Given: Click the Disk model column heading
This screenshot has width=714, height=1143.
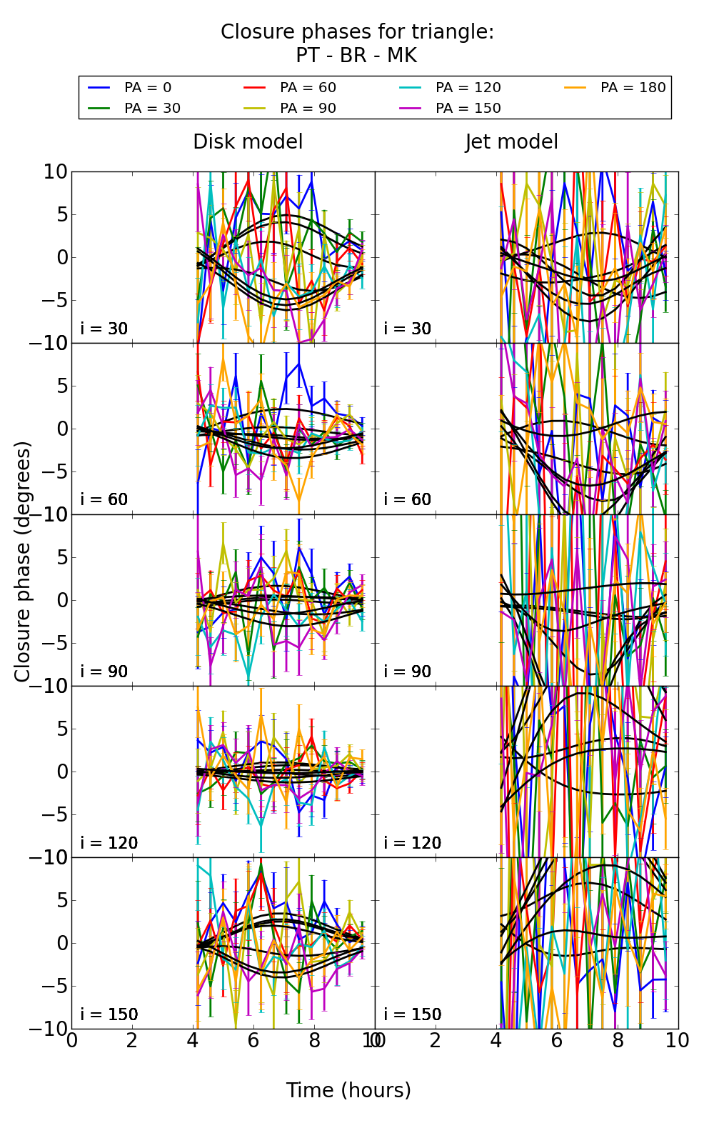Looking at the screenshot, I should [x=248, y=142].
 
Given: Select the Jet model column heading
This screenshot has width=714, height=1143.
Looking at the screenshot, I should [x=511, y=142].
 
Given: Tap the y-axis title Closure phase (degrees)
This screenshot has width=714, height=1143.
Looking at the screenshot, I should [x=23, y=561].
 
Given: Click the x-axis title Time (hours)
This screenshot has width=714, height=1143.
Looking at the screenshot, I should [x=348, y=1090].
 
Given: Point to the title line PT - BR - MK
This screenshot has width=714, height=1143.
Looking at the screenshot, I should [x=356, y=56].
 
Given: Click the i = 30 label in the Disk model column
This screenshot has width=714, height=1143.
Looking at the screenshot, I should [x=104, y=329].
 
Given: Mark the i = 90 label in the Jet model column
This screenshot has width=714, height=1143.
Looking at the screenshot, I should [x=408, y=672].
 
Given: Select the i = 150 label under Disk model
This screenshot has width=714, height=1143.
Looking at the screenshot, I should [x=109, y=1014].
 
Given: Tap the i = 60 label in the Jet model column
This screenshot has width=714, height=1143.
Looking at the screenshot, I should [x=408, y=499].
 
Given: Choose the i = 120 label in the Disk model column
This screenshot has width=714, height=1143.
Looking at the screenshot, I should [x=109, y=843].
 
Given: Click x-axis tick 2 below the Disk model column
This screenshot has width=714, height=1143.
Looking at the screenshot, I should [x=132, y=1041].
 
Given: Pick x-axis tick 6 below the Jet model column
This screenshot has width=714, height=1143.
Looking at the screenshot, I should [x=557, y=1041].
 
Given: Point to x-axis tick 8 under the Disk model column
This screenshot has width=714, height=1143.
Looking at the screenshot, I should [x=314, y=1041].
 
